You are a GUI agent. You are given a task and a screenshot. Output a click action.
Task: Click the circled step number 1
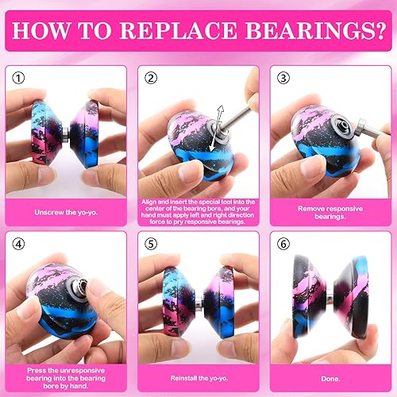tap(20, 78)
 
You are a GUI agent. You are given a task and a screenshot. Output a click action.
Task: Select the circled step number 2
tap(151, 78)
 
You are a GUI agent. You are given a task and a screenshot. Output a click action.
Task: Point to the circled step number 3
tap(282, 78)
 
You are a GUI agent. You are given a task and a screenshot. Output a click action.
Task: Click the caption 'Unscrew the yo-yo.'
tap(66, 212)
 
